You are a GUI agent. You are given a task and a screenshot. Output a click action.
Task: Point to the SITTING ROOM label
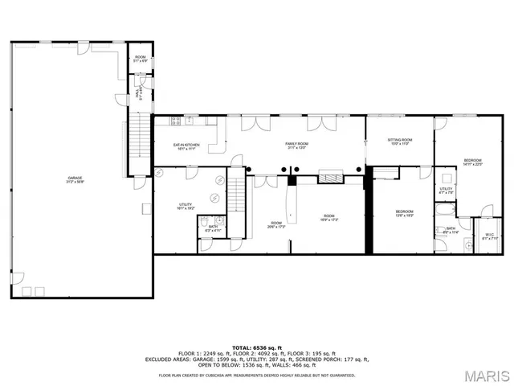tap(399, 142)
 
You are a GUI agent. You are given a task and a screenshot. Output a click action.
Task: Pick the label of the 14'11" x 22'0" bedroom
tap(473, 162)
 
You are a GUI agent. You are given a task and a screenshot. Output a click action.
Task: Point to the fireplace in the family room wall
tap(330, 178)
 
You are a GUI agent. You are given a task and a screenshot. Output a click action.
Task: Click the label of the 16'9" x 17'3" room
tap(329, 217)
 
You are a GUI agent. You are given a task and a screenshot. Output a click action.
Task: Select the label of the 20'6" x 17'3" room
tap(276, 224)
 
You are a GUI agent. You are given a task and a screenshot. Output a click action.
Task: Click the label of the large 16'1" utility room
tap(186, 206)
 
